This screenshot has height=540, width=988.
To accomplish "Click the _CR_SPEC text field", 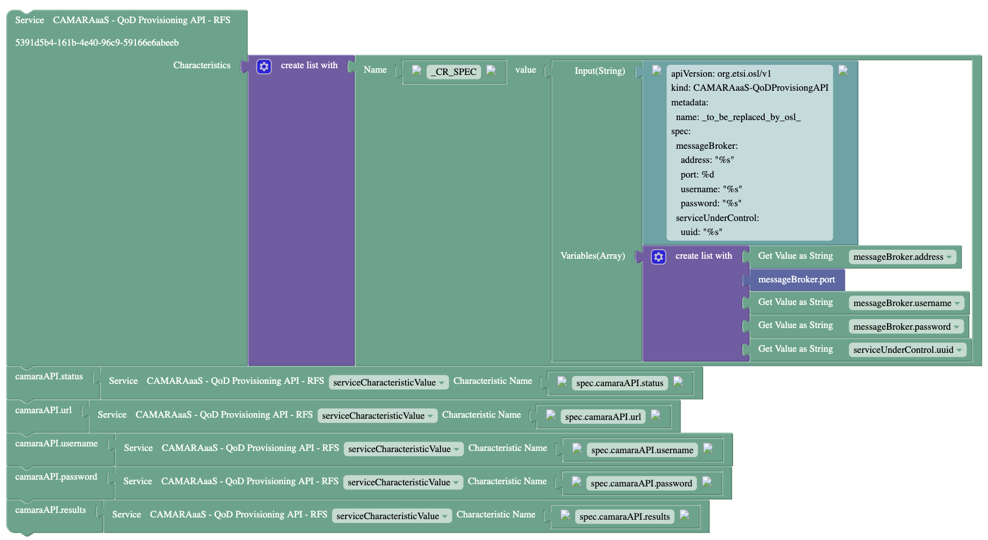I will click(454, 72).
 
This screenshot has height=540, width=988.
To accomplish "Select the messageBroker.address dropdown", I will click(902, 257).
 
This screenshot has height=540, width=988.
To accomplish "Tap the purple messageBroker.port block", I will click(796, 280).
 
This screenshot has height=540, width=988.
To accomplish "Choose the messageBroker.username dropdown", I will click(906, 303).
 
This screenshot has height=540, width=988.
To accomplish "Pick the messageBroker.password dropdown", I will click(906, 327).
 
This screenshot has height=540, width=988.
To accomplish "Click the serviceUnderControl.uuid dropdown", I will click(907, 350).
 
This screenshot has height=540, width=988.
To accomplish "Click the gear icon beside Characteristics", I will click(264, 67).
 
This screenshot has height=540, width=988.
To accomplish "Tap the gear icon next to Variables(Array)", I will click(658, 257).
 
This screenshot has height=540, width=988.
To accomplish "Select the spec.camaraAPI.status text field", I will click(620, 383).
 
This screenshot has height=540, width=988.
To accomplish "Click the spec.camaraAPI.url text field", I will click(603, 417).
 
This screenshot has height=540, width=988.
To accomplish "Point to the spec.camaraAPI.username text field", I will click(642, 450).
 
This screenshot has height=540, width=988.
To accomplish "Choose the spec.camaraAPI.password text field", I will click(641, 484).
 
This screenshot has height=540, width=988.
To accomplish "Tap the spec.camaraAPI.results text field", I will click(624, 517).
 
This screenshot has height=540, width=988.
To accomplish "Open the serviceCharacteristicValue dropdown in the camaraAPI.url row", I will click(377, 416).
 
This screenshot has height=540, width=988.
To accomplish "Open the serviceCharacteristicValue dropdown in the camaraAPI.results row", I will click(392, 516).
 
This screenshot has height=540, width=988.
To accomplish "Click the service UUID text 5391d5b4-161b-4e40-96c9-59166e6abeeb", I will click(97, 43).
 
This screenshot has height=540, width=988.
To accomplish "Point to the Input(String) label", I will click(599, 71).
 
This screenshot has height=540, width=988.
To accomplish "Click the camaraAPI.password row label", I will click(56, 477).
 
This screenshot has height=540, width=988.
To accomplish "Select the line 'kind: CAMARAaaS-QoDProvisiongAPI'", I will click(749, 88).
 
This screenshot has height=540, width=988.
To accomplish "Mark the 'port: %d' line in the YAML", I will click(697, 175).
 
